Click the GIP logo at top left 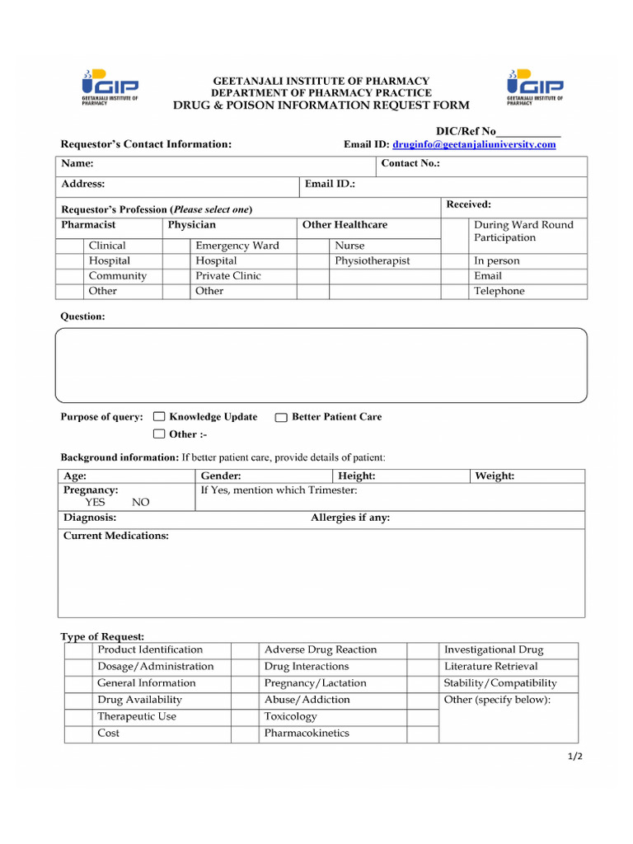[x=110, y=87]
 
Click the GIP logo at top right [x=535, y=87]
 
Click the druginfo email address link [x=474, y=144]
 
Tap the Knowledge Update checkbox [x=159, y=417]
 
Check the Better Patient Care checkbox [x=281, y=417]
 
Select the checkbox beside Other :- [x=159, y=434]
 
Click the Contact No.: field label [x=410, y=164]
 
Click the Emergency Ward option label [x=237, y=246]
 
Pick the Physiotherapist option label [x=372, y=260]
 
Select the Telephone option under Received [x=499, y=291]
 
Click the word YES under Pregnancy [x=96, y=502]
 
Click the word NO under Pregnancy [x=141, y=502]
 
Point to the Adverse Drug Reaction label [x=320, y=649]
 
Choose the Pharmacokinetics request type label [x=307, y=733]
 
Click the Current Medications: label [x=116, y=536]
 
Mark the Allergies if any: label [x=350, y=518]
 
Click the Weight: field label [x=495, y=476]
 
